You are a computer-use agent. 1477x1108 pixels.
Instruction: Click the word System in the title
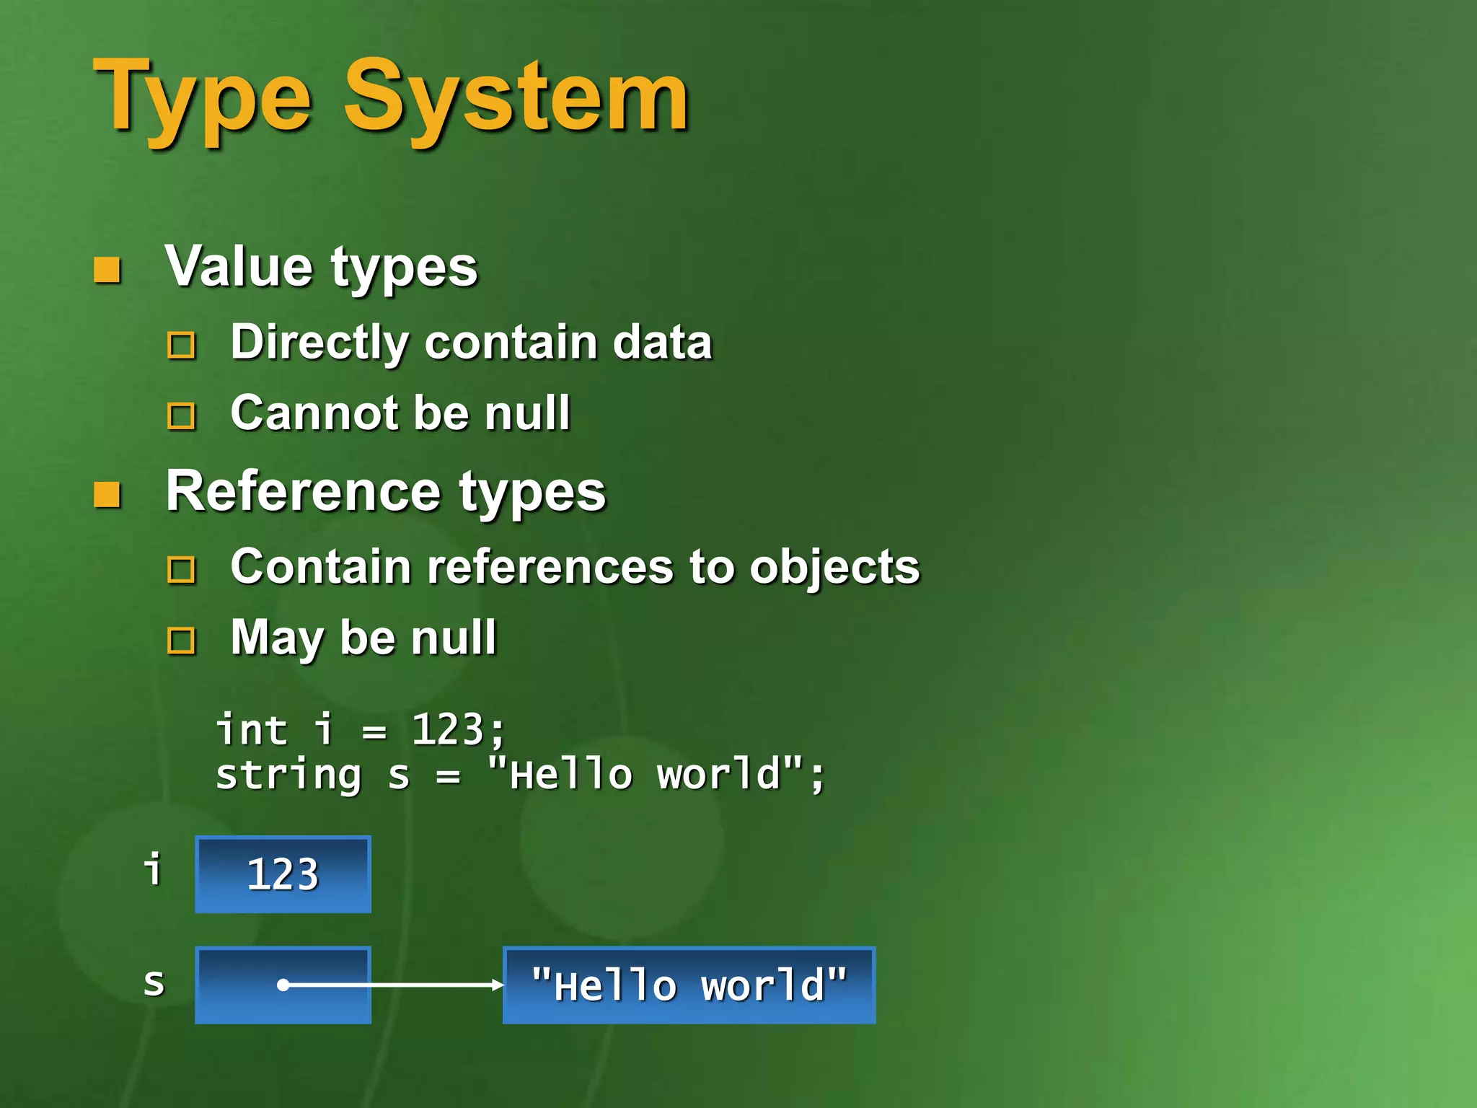(516, 97)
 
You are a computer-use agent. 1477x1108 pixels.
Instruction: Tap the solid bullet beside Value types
(107, 271)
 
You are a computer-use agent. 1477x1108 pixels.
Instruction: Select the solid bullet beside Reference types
(107, 495)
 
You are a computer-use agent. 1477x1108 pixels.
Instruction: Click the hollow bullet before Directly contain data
(181, 345)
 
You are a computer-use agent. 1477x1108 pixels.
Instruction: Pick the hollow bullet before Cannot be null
(181, 416)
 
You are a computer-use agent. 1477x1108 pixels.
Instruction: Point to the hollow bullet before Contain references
(181, 569)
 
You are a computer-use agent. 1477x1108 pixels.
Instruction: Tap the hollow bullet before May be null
(181, 640)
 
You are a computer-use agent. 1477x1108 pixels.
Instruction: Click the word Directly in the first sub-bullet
(318, 342)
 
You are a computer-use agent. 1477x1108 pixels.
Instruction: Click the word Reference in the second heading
(303, 491)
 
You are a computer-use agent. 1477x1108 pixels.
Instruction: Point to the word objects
(834, 567)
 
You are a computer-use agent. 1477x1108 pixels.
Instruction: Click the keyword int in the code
(252, 729)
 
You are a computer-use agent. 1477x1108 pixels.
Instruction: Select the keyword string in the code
(288, 776)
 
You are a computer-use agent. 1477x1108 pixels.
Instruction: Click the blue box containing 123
(283, 874)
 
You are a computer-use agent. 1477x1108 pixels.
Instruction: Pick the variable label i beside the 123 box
(153, 869)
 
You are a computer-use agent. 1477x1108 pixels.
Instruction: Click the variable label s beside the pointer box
(154, 982)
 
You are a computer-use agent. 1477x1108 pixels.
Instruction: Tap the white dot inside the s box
(283, 985)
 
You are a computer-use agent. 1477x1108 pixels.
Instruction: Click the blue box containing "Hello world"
(689, 985)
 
